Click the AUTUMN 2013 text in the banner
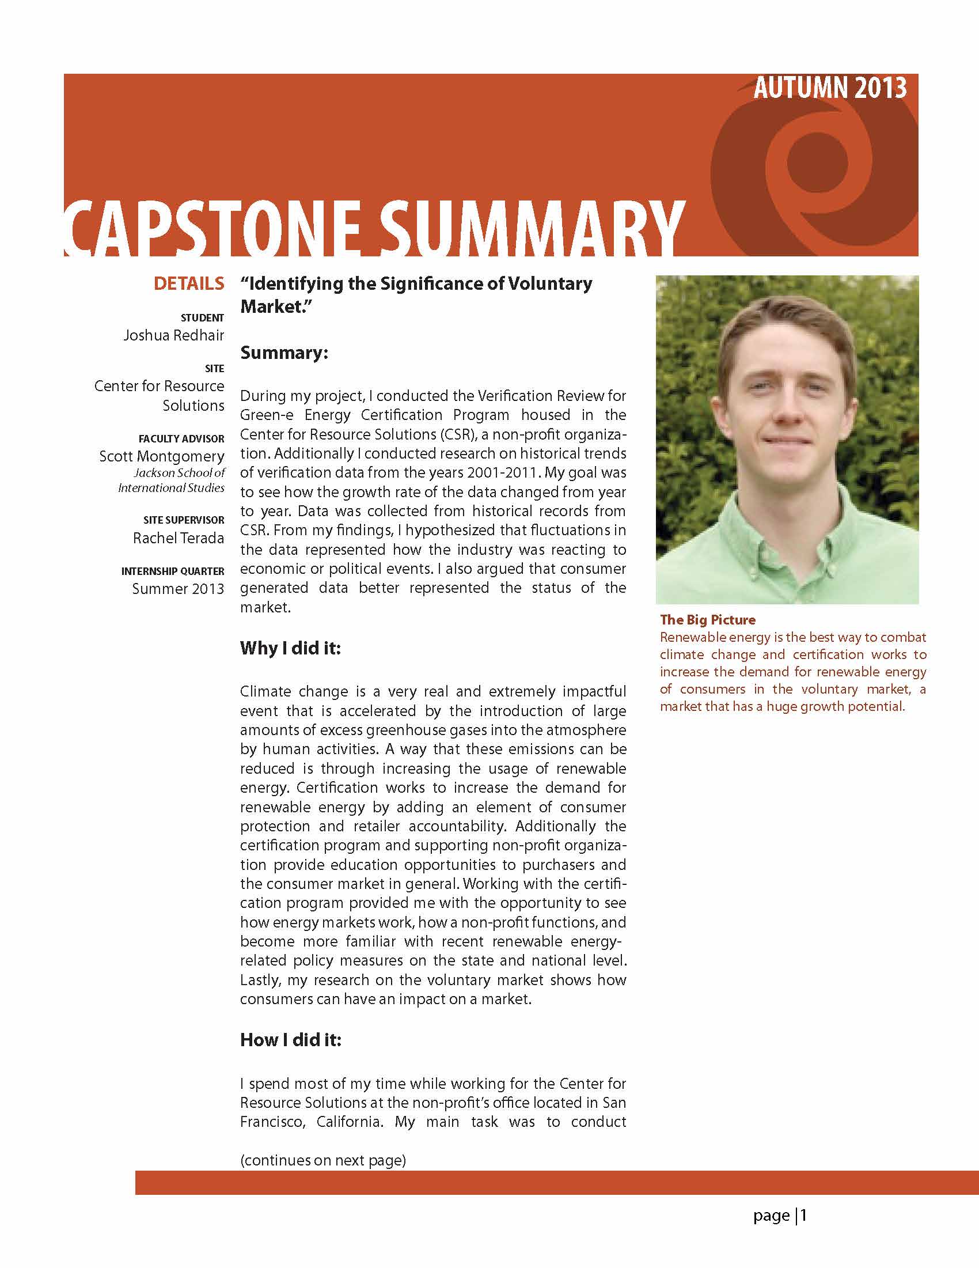point(830,88)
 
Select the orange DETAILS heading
point(189,283)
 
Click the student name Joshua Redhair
point(173,335)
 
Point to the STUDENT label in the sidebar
point(202,317)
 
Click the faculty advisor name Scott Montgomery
point(161,456)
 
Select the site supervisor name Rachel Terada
point(178,538)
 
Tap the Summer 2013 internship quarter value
point(177,588)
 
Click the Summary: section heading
point(284,353)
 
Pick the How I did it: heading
point(291,1039)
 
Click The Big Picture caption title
point(707,619)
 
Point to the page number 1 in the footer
point(804,1215)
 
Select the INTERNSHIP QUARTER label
point(172,571)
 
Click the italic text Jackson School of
point(179,472)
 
